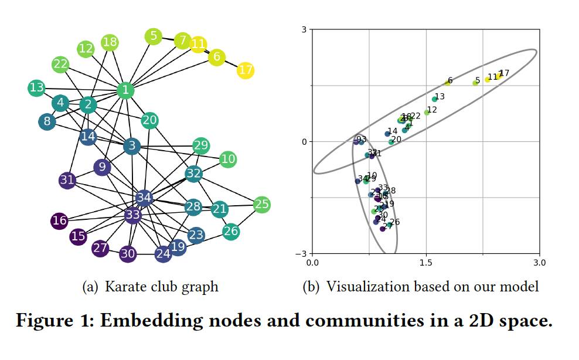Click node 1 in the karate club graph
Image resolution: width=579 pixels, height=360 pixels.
[125, 90]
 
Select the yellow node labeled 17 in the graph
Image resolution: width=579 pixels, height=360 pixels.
[246, 70]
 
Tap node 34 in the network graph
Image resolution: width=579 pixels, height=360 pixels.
[144, 198]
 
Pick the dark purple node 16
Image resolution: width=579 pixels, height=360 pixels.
[59, 220]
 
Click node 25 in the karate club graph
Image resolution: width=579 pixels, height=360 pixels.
[261, 205]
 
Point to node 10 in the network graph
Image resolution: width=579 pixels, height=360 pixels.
[228, 159]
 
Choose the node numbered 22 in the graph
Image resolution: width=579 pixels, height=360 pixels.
[60, 64]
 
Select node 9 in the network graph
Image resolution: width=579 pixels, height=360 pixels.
[102, 168]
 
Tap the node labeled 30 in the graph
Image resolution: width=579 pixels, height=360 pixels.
[128, 254]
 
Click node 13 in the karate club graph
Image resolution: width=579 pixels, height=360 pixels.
[36, 88]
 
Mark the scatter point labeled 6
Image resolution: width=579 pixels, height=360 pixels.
[447, 83]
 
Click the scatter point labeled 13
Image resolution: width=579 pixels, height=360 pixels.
[435, 99]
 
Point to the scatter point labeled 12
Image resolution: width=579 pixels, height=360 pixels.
[427, 113]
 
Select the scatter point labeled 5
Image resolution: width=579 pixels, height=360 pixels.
[475, 83]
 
